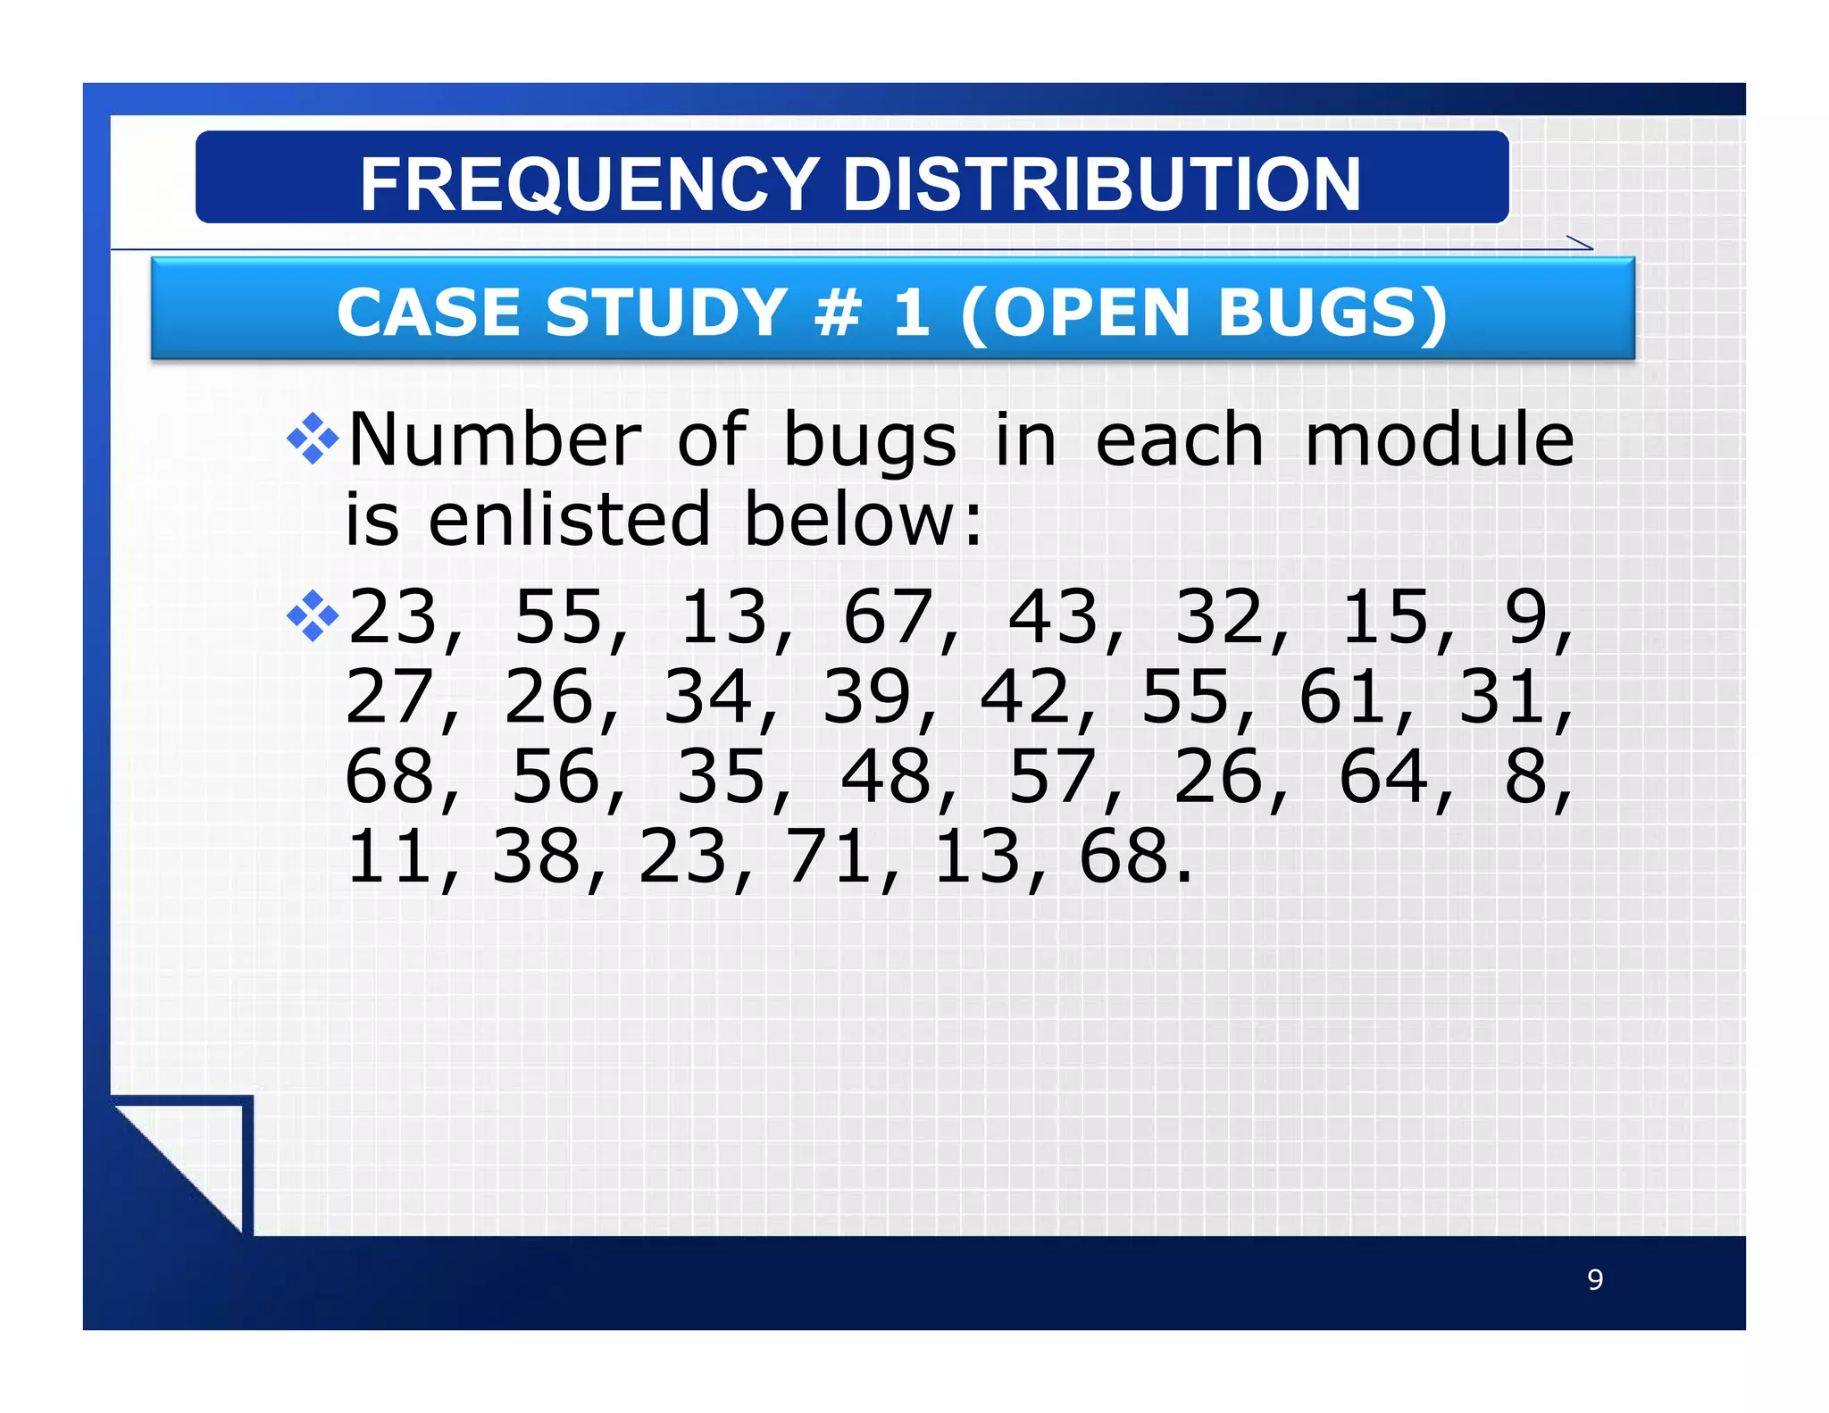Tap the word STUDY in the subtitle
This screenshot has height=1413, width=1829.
pyautogui.click(x=665, y=313)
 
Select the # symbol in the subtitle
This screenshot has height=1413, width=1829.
pyautogui.click(x=839, y=313)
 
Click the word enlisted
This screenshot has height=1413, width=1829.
pyautogui.click(x=569, y=519)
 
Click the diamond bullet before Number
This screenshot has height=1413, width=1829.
pyautogui.click(x=313, y=439)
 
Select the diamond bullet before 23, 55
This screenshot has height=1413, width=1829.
pyautogui.click(x=313, y=615)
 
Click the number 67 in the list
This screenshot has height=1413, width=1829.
pyautogui.click(x=889, y=616)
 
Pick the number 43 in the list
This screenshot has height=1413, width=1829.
pyautogui.click(x=1054, y=616)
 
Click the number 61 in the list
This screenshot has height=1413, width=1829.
pyautogui.click(x=1344, y=697)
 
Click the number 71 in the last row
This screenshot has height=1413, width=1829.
pyautogui.click(x=829, y=857)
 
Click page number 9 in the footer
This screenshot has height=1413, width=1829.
pyautogui.click(x=1595, y=1280)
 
